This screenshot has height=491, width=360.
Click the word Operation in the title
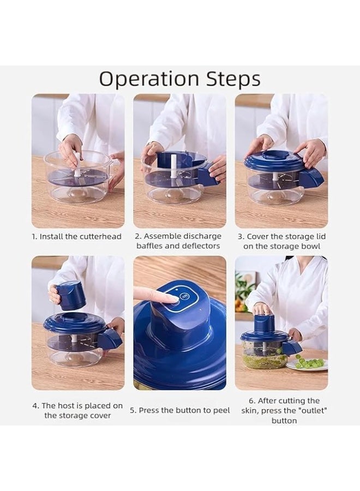149,80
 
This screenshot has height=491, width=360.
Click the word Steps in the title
233,79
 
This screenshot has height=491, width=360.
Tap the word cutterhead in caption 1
100,236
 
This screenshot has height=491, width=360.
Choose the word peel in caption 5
221,410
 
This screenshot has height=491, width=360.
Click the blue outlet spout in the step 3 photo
310,177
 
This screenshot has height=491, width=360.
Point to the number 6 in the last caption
251,401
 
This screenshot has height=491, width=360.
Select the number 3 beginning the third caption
240,236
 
